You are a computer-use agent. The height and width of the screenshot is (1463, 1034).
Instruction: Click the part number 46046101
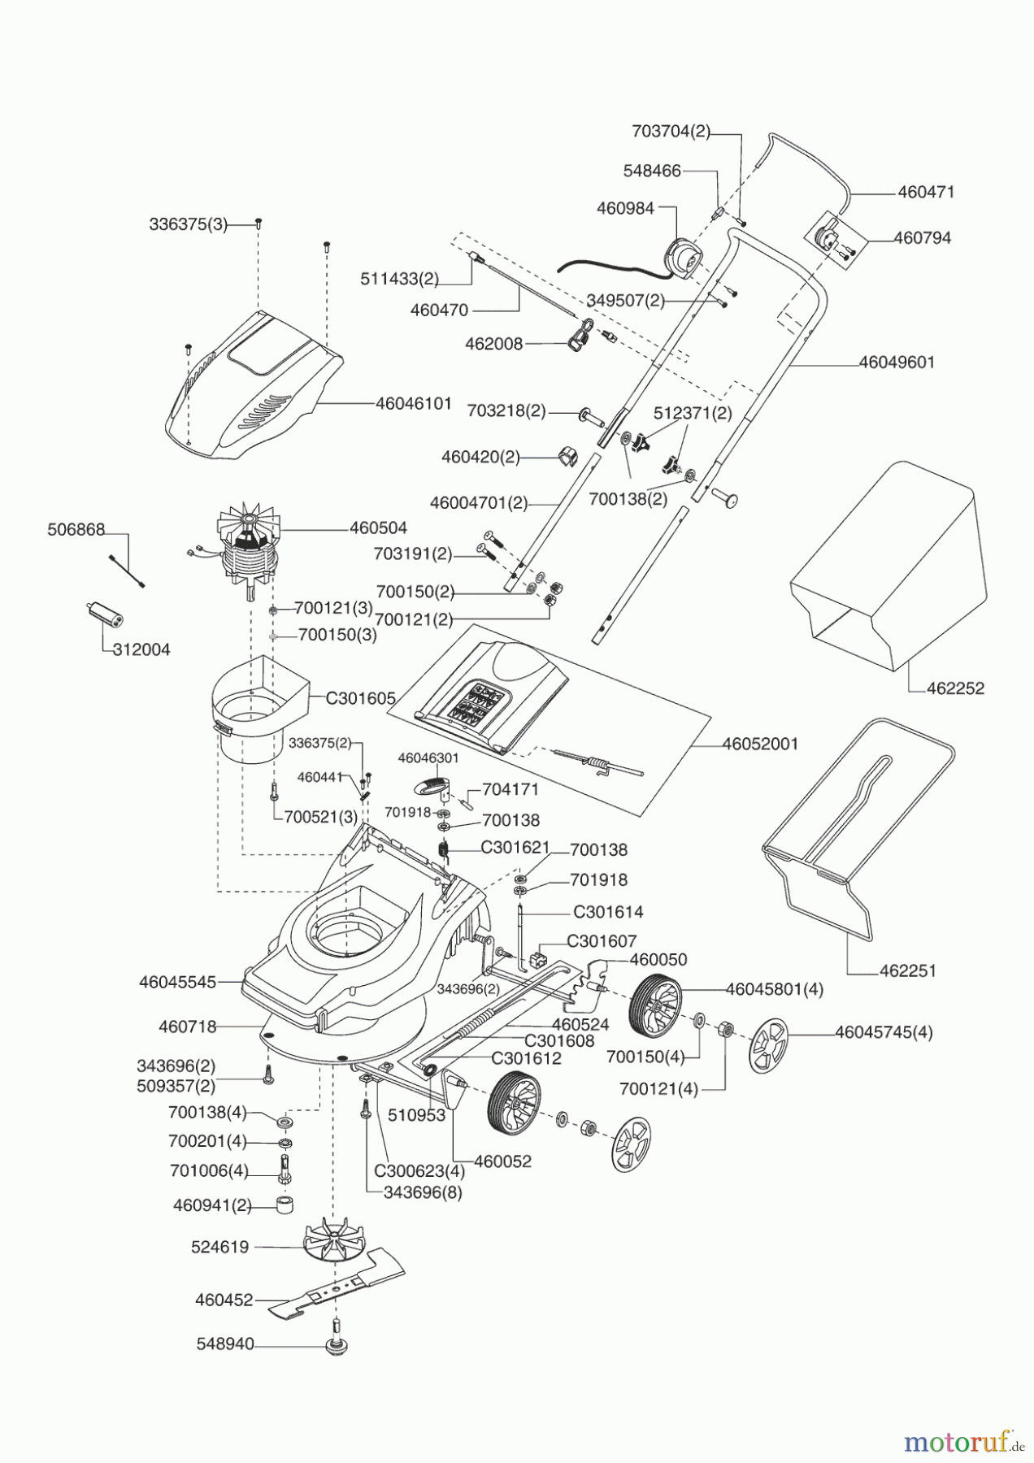[413, 403]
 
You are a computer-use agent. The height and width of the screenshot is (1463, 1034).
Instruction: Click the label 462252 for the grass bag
[955, 688]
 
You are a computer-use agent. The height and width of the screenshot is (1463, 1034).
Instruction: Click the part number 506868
[76, 530]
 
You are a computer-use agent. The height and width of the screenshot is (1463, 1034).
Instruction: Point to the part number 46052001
[760, 744]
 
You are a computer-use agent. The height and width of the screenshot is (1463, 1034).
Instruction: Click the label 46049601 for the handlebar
[897, 362]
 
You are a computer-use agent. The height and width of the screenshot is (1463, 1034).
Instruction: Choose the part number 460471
[926, 193]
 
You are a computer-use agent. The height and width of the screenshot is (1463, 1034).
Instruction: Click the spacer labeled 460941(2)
[283, 1205]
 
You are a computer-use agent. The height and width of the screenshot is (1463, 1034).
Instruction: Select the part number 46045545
[177, 982]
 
